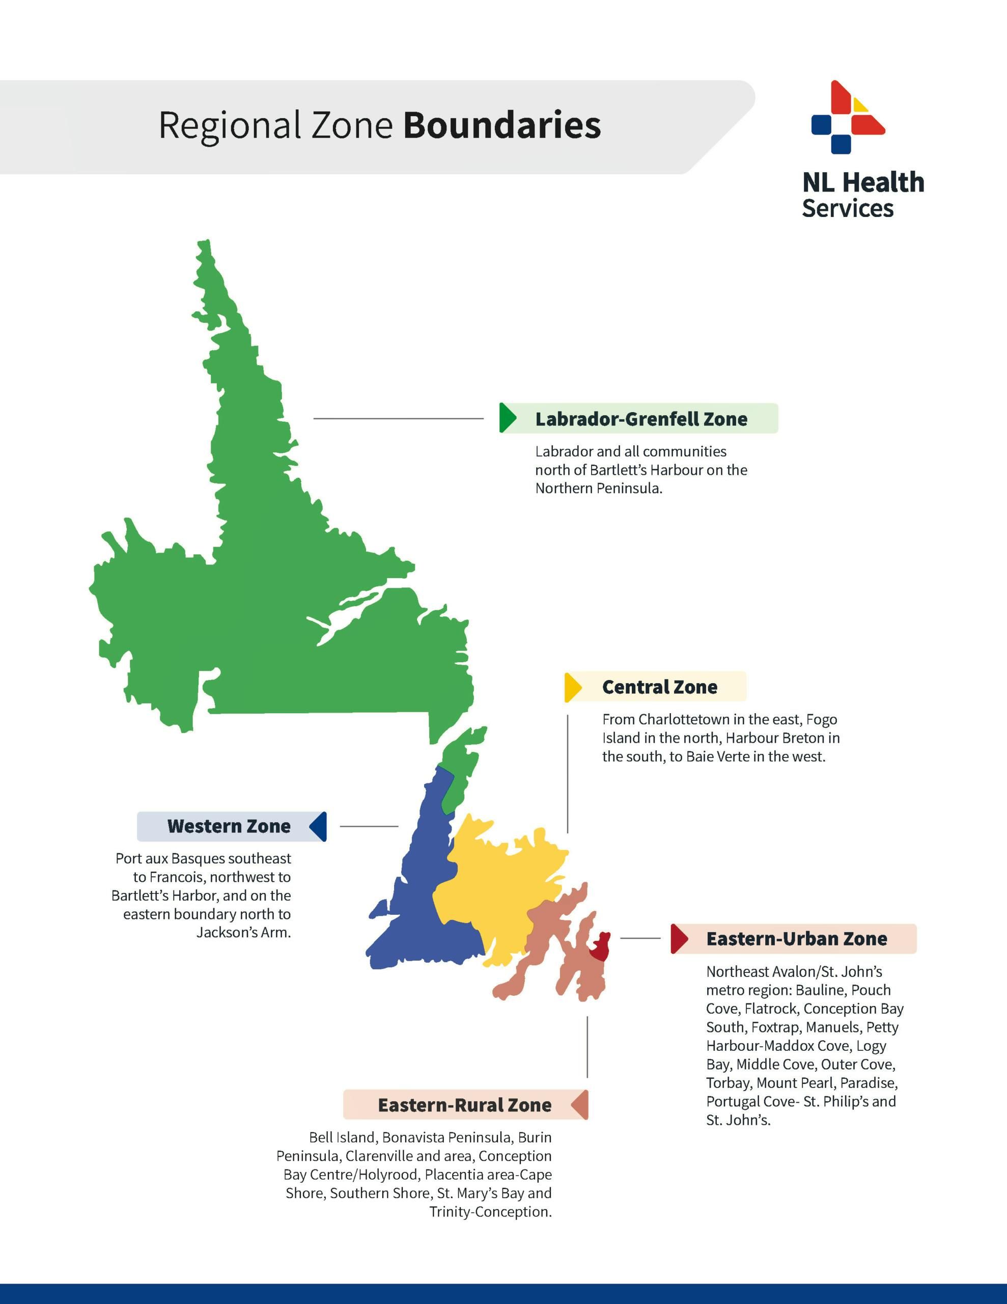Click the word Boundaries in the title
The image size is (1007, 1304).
[501, 125]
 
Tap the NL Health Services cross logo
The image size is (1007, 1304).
[848, 118]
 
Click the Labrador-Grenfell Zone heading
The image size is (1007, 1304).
[641, 419]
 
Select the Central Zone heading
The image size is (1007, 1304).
[660, 687]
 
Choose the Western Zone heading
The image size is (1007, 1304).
[229, 826]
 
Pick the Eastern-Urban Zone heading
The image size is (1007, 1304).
[796, 939]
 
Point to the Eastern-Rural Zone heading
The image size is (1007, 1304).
[464, 1105]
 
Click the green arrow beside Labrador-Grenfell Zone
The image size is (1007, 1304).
[508, 418]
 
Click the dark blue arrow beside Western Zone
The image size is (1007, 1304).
[319, 827]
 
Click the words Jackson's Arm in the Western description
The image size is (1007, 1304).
[243, 933]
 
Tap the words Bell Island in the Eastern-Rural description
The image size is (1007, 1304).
[342, 1137]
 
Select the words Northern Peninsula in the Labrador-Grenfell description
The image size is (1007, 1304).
[598, 488]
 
